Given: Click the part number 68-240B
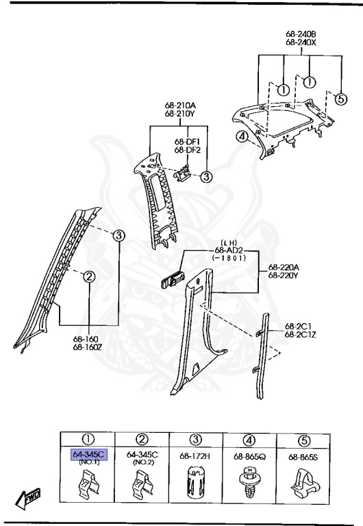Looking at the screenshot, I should pos(301,33).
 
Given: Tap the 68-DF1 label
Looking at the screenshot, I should pos(186,141).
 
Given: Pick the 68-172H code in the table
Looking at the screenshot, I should pos(196,455).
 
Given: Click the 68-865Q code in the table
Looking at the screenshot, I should pos(250,455).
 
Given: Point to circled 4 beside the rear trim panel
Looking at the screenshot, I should pos(241,136).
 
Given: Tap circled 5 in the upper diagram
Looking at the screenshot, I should pos(340,98).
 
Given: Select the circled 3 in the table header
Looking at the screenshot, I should pos(196,439).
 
